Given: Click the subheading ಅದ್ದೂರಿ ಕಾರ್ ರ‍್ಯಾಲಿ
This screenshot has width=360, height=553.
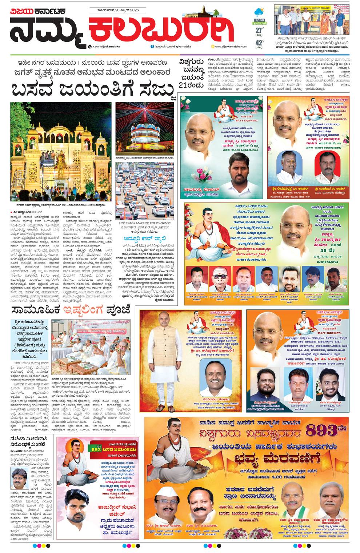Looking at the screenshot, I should (x=144, y=239).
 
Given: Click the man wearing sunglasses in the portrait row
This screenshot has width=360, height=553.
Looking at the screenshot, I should (x=220, y=279).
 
